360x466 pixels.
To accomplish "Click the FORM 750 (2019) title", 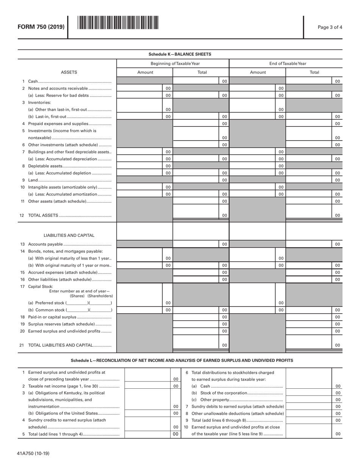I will [x=41, y=27].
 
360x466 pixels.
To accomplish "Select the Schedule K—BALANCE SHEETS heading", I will [x=180, y=54].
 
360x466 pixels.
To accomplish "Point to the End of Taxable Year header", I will [x=288, y=63].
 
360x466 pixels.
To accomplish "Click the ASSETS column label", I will [x=69, y=72].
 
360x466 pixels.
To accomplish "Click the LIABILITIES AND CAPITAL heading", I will [x=69, y=235].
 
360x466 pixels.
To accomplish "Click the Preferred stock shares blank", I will [x=77, y=303].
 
